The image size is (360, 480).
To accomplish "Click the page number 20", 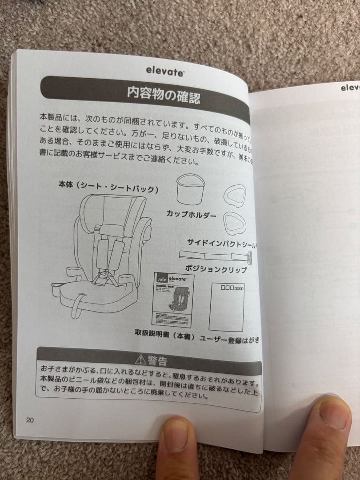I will [x=30, y=420].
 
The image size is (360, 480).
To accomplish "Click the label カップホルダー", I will [x=192, y=214].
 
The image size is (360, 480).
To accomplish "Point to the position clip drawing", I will [x=216, y=256].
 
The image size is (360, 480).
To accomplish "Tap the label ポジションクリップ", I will [x=216, y=269].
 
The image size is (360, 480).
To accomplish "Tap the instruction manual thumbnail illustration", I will [x=173, y=300].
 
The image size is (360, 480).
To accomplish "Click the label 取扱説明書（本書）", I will [x=165, y=336].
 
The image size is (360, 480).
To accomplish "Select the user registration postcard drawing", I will [x=226, y=306].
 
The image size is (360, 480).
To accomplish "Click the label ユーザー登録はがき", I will [x=229, y=340].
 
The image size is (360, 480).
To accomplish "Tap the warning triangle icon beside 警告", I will [x=141, y=359].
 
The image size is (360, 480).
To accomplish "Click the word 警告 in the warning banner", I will [x=158, y=360].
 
